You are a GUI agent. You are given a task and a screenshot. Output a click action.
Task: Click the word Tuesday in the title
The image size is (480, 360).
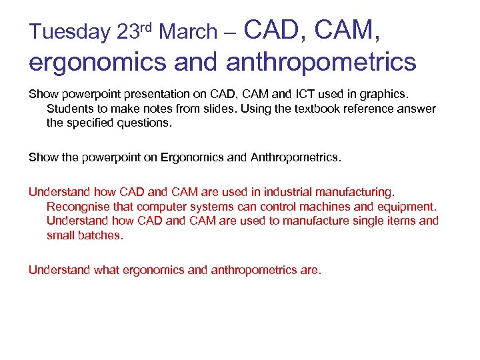[69, 32]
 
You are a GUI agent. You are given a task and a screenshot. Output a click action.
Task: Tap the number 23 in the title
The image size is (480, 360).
[129, 32]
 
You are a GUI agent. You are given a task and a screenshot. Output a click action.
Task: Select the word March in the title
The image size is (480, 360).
[189, 32]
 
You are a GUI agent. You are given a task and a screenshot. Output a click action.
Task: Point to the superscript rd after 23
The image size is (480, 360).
[148, 26]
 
